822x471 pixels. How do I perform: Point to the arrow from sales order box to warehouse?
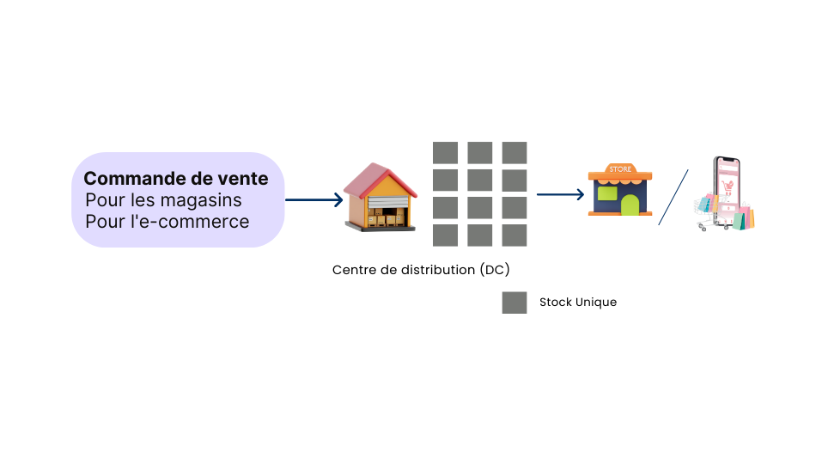coord(314,200)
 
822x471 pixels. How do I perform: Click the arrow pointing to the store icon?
coord(558,194)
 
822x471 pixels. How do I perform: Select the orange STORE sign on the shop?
coord(620,169)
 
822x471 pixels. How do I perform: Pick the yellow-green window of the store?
coord(607,193)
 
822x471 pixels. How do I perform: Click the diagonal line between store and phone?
coord(673,198)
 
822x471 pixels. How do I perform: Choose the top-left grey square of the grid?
coord(445,153)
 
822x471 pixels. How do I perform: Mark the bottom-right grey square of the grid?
coord(515,235)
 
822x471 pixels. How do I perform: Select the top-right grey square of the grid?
coord(515,153)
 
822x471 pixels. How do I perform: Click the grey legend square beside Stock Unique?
coord(515,303)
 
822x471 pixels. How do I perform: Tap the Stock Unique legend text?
coord(578,303)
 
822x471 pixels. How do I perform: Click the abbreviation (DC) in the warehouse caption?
coord(495,270)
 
